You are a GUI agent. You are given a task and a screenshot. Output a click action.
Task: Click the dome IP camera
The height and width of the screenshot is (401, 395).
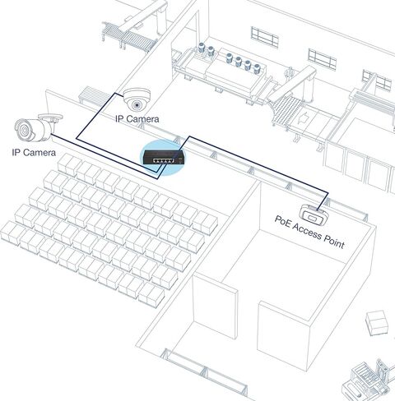click(137, 99)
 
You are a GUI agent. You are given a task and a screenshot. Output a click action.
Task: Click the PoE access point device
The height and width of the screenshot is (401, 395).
click(314, 215)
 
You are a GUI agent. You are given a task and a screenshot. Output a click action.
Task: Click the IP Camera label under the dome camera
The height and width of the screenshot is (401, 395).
click(137, 119)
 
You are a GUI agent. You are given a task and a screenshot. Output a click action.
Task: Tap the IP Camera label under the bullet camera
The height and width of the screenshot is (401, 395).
click(34, 152)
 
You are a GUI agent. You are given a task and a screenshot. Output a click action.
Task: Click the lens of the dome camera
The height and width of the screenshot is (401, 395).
click(137, 104)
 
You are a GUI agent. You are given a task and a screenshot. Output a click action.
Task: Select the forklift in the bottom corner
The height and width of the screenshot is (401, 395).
click(368, 380)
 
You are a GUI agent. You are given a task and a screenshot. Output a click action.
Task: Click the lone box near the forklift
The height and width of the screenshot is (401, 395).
click(378, 323)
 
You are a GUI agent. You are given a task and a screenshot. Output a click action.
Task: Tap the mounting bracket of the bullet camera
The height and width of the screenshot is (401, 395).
click(52, 118)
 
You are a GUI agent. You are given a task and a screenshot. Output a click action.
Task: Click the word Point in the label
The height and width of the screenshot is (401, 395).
click(334, 242)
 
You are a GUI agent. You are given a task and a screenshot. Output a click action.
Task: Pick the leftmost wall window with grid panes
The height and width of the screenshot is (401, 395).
click(264, 37)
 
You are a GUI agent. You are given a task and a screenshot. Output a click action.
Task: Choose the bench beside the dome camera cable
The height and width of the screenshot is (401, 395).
click(93, 95)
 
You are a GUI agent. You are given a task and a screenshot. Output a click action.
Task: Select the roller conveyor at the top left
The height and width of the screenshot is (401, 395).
click(129, 36)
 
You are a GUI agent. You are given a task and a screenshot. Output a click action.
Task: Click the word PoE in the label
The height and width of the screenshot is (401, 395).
click(282, 222)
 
